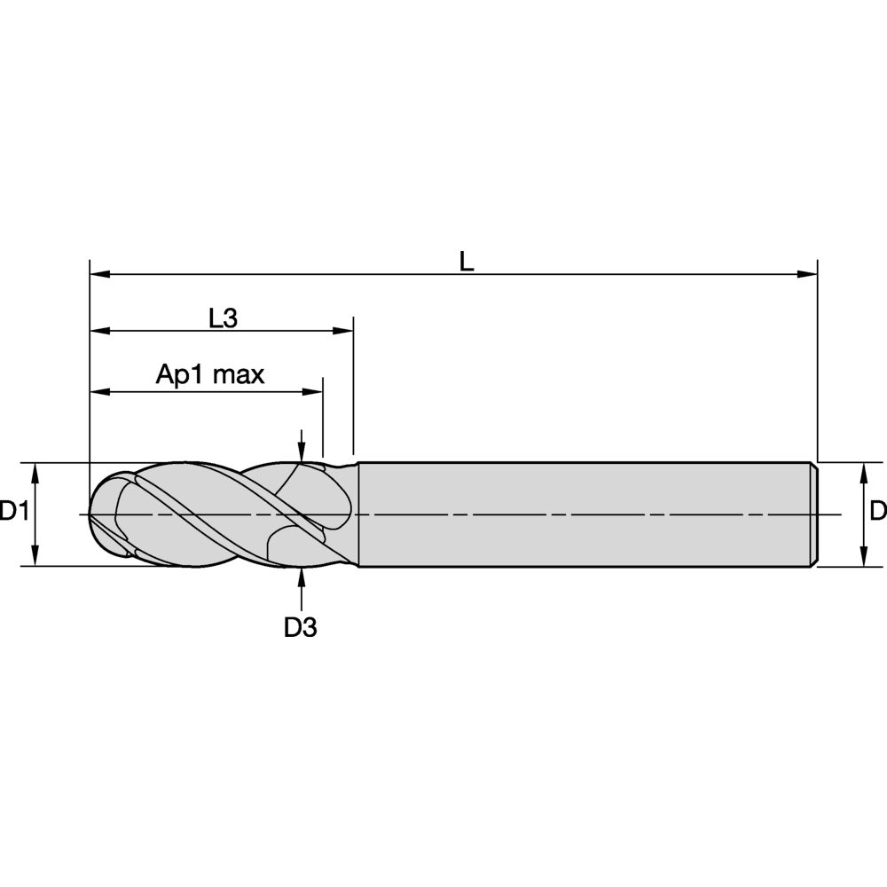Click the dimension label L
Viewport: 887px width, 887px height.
tap(467, 261)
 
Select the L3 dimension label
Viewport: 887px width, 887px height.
tap(223, 318)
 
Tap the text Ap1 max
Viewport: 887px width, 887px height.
tap(210, 374)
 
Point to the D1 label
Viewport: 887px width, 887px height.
tap(13, 512)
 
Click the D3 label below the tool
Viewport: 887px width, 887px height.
tap(301, 628)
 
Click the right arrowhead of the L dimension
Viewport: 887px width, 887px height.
tap(808, 274)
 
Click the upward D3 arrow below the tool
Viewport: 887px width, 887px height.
tap(302, 577)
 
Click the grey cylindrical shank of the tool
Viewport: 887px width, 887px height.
tap(577, 514)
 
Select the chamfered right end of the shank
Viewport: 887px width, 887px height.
tap(812, 514)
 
